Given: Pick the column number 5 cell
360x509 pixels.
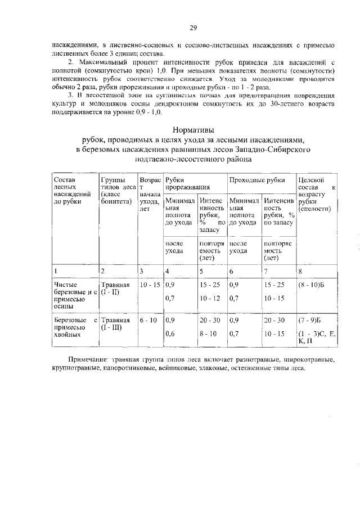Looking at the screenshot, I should tap(201, 271).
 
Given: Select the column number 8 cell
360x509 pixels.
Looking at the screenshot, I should tap(301, 271).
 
